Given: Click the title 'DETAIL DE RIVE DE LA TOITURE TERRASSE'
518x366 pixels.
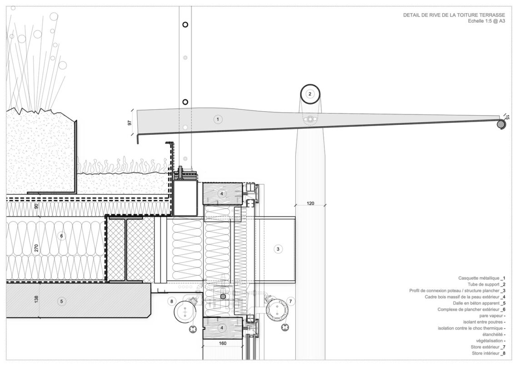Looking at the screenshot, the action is coord(454,15).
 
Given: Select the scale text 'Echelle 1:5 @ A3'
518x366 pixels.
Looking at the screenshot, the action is coord(486,21).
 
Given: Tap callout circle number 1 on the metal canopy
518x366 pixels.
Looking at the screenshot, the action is coord(218,119).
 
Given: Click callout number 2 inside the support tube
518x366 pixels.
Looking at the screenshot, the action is coord(310,94).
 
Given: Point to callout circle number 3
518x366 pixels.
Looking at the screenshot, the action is coord(278,249).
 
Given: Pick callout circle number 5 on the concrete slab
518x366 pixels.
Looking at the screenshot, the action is coord(61,302).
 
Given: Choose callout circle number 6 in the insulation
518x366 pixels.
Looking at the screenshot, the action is coord(61,236).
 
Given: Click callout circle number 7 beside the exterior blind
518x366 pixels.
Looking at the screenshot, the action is coord(290,301).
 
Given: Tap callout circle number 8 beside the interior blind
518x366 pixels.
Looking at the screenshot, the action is coord(171,301).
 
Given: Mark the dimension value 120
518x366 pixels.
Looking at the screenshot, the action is coord(310,203).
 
